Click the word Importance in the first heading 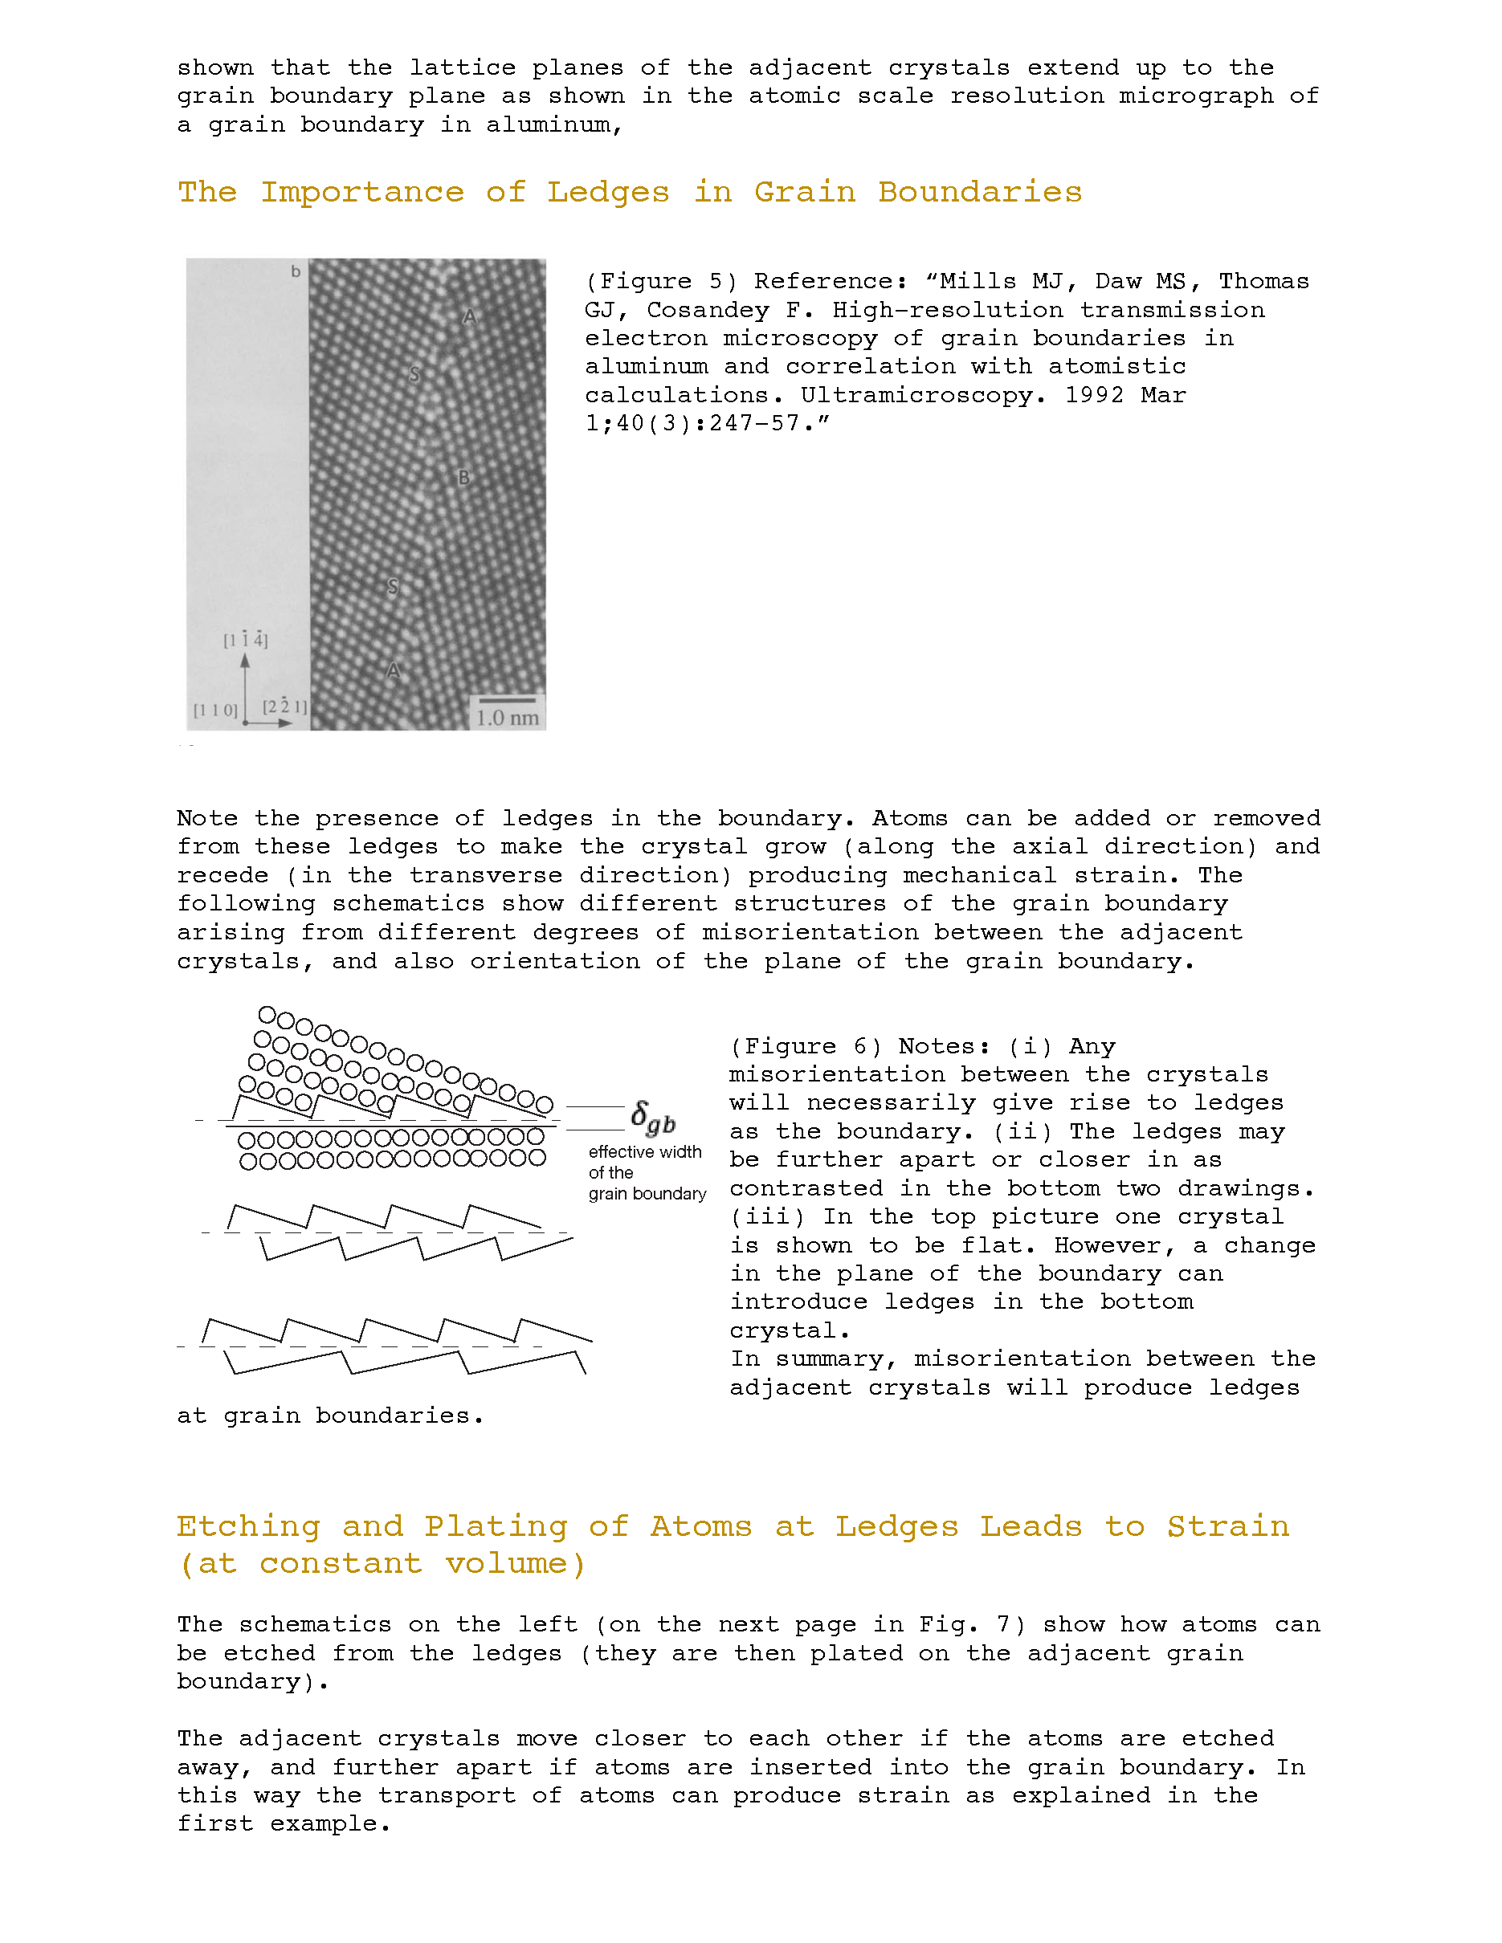point(362,193)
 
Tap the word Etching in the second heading point(248,1526)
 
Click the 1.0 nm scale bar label point(507,718)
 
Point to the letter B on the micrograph point(463,478)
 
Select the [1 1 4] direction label point(246,640)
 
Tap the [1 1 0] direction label point(216,710)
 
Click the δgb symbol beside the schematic point(653,1118)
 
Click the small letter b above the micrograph point(296,271)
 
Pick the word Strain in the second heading point(1228,1526)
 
